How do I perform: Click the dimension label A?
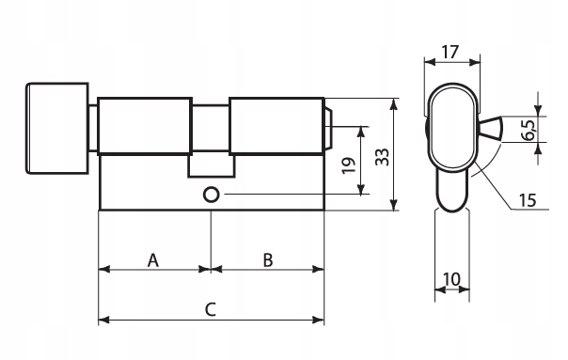[153, 260]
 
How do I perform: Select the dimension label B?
[268, 260]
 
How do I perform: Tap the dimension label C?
[211, 309]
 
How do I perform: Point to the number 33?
[382, 157]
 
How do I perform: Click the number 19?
[349, 165]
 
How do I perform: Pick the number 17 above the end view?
[450, 52]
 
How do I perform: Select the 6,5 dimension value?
[529, 130]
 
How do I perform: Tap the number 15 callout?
[528, 200]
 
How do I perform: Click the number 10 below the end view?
[451, 279]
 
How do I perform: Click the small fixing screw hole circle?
[211, 195]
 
